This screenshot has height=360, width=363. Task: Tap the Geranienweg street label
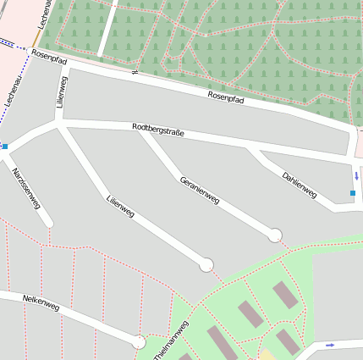[200, 191]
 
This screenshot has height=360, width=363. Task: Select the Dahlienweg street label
[300, 186]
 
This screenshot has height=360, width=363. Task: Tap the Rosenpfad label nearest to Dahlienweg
[225, 98]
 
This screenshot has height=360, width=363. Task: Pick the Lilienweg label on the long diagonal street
[121, 208]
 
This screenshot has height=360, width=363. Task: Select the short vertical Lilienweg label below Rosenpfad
[61, 91]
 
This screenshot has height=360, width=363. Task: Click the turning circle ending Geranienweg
[275, 235]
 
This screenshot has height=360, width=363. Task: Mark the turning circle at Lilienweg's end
[206, 265]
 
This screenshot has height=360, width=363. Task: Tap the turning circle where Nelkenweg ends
[139, 341]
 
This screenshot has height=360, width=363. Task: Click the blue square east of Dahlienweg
[353, 194]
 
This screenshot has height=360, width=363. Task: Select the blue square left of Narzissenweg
[5, 147]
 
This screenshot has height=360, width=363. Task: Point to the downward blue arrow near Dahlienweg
[357, 176]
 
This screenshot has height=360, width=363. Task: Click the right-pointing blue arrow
[330, 345]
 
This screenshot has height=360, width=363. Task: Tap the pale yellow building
[267, 355]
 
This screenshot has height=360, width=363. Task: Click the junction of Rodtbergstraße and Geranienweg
[141, 130]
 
